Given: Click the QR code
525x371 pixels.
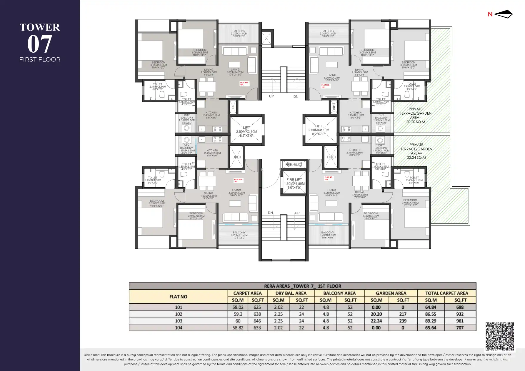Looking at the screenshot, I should [500, 336].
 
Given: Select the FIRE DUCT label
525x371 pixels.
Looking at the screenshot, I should [294, 165].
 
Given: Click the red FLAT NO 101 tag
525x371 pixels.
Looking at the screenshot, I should [244, 84].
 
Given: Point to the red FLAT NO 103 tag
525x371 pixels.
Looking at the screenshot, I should [329, 178].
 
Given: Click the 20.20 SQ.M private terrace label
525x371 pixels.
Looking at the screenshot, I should [416, 115].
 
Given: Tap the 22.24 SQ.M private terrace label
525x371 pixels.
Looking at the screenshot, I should [416, 151].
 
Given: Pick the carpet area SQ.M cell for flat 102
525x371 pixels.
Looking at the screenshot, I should [238, 314].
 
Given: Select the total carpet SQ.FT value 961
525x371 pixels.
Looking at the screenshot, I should [460, 321].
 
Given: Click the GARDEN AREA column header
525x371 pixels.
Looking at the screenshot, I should [391, 293].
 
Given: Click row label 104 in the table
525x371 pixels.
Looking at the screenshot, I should [178, 328].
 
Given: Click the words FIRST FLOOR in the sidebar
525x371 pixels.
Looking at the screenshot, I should [40, 59].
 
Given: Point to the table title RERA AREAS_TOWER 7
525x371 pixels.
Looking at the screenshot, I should [302, 286].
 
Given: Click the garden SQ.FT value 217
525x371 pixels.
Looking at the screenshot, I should [403, 314].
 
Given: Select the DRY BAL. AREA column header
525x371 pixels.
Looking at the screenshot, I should [291, 293].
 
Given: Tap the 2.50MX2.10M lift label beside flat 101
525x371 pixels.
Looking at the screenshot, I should [246, 131].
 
